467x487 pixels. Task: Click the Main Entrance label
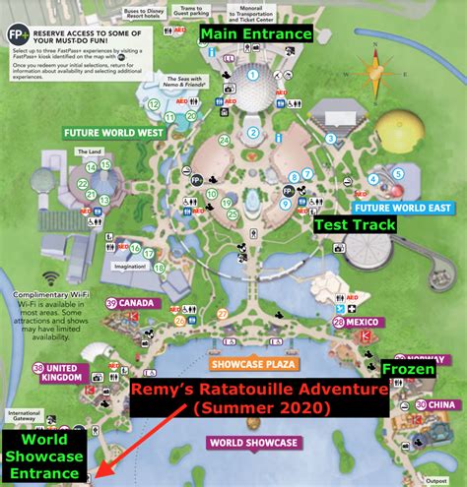pyautogui.click(x=256, y=33)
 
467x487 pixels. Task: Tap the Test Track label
pyautogui.click(x=355, y=224)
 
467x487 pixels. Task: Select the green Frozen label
pyautogui.click(x=405, y=368)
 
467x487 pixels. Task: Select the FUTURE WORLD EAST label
pyautogui.click(x=405, y=208)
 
